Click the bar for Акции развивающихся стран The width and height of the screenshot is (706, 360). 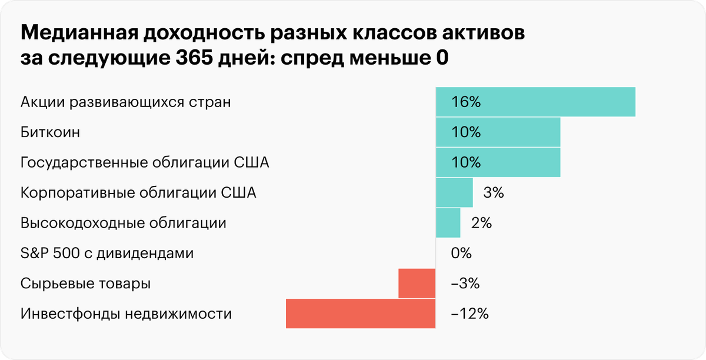pyautogui.click(x=535, y=102)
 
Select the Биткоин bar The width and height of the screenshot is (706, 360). pyautogui.click(x=498, y=132)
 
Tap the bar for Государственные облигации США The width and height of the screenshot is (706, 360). pyautogui.click(x=498, y=162)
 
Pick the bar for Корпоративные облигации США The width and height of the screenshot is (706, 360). pyautogui.click(x=454, y=192)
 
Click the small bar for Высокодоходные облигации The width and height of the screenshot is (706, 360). pyautogui.click(x=448, y=223)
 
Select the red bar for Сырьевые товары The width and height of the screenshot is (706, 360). pyautogui.click(x=417, y=284)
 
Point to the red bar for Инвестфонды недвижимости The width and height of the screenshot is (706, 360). pyautogui.click(x=360, y=314)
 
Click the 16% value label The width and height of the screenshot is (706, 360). pyautogui.click(x=467, y=102)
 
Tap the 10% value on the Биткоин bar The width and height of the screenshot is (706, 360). pyautogui.click(x=467, y=132)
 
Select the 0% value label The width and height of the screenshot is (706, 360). pyautogui.click(x=461, y=254)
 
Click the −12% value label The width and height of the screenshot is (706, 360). pyautogui.click(x=469, y=314)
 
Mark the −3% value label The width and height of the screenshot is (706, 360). pyautogui.click(x=465, y=284)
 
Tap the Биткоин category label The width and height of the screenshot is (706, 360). pyautogui.click(x=50, y=132)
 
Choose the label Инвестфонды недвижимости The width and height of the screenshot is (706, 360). pyautogui.click(x=126, y=314)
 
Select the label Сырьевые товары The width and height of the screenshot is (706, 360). pyautogui.click(x=85, y=284)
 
